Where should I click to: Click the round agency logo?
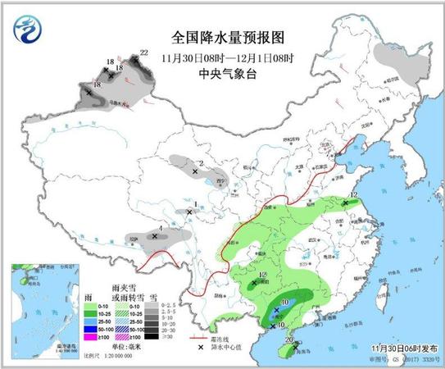coord(28,32)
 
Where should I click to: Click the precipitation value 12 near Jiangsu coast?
coord(353,194)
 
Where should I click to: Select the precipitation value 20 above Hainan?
coord(288,339)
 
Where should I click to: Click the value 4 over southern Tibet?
coord(161,229)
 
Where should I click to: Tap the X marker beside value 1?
coord(189,212)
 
